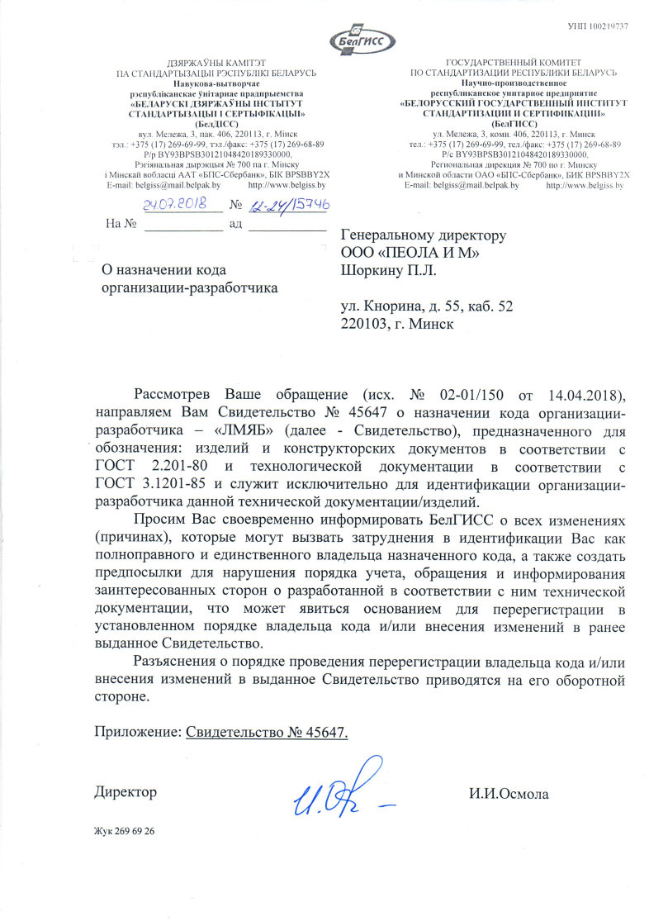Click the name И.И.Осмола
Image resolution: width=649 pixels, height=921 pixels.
pos(508,794)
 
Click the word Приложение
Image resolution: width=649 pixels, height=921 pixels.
pos(138,732)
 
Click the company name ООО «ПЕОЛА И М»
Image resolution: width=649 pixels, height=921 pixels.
pos(410,252)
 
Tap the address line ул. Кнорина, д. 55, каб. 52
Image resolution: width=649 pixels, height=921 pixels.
pos(427,306)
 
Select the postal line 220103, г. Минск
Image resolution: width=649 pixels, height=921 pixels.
pos(397,324)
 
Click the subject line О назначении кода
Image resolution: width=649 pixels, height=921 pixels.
pos(163,269)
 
